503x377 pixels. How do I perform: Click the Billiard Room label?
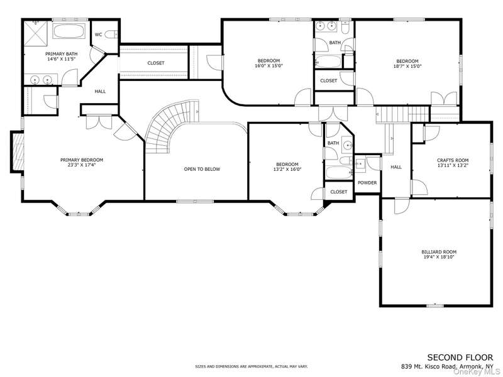point(439,252)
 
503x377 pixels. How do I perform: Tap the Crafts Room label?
point(453,160)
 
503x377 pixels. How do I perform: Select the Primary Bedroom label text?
point(82,160)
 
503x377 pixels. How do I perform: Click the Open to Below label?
point(202,169)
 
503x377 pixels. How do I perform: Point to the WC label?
point(98,35)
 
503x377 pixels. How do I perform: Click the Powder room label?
point(367,183)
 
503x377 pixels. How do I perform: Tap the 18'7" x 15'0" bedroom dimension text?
point(407,67)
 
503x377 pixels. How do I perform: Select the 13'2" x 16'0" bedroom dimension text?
point(287,169)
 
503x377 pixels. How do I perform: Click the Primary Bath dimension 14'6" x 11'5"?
point(61,59)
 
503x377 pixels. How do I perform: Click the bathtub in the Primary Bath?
point(69,31)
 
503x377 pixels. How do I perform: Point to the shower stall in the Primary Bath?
point(36,33)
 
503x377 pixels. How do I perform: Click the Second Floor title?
point(460,358)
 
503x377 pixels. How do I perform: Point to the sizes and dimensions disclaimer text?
point(251,366)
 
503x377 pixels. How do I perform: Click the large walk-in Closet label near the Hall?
point(156,63)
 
